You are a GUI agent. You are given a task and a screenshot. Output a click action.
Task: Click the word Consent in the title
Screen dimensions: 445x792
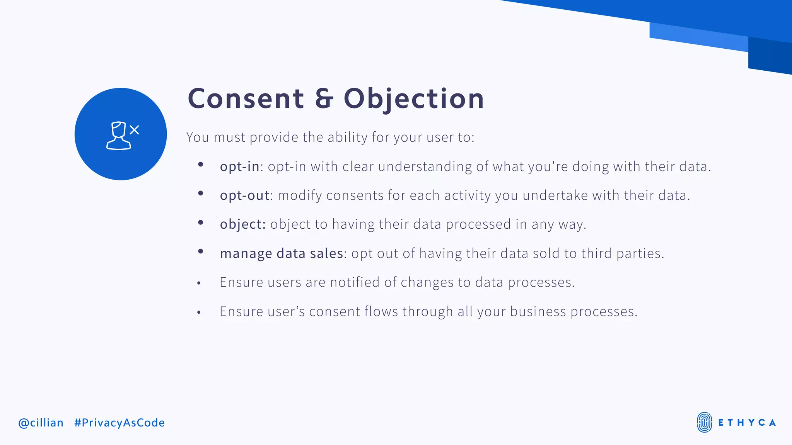pyautogui.click(x=246, y=99)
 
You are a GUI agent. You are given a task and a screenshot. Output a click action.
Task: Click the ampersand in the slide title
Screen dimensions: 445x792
pyautogui.click(x=324, y=99)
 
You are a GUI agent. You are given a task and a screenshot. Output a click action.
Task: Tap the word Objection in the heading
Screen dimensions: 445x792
pyautogui.click(x=414, y=99)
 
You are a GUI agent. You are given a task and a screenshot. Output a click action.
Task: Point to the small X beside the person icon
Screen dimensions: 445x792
pyautogui.click(x=134, y=130)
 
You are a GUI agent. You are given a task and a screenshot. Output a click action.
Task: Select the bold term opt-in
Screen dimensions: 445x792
pyautogui.click(x=239, y=166)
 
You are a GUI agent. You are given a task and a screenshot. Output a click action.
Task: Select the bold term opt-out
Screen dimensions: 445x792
pyautogui.click(x=244, y=195)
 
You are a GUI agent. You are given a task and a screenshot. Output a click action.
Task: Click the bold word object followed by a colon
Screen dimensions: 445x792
pyautogui.click(x=242, y=224)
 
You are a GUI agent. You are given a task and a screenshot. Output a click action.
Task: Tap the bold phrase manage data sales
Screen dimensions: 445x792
pyautogui.click(x=282, y=253)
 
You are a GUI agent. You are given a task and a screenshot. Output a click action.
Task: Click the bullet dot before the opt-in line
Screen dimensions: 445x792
pyautogui.click(x=200, y=165)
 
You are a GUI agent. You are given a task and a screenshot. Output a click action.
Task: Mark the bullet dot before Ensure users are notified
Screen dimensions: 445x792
pyautogui.click(x=199, y=284)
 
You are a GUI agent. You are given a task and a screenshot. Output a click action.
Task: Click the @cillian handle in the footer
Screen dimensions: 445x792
pyautogui.click(x=41, y=423)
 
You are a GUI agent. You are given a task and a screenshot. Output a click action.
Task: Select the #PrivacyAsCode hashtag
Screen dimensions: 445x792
pyautogui.click(x=119, y=423)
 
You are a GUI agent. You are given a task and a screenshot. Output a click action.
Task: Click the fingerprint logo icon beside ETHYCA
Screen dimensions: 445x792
pyautogui.click(x=704, y=422)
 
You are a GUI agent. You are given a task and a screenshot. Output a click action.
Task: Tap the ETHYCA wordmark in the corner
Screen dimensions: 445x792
pyautogui.click(x=747, y=423)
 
